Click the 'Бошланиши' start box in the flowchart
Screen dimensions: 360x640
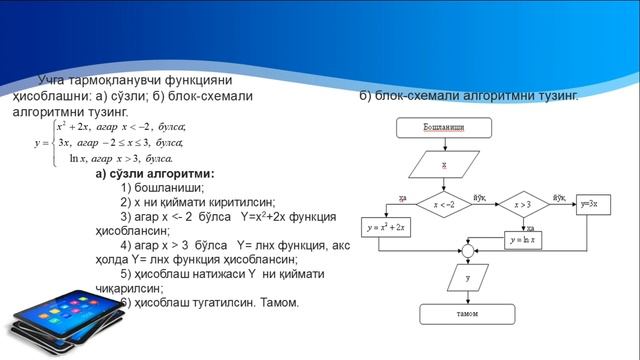[x=442, y=128]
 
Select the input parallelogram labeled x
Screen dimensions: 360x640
[x=442, y=164]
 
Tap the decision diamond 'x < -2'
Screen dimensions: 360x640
[x=442, y=204]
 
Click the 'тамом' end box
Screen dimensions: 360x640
[x=471, y=313]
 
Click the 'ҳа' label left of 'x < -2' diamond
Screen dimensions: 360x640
[x=402, y=197]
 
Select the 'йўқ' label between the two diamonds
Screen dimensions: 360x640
[x=480, y=198]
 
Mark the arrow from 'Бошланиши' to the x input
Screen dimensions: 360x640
[x=442, y=145]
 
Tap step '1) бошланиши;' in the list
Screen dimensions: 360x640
[x=161, y=187]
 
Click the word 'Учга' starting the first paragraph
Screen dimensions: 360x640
[x=53, y=79]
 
